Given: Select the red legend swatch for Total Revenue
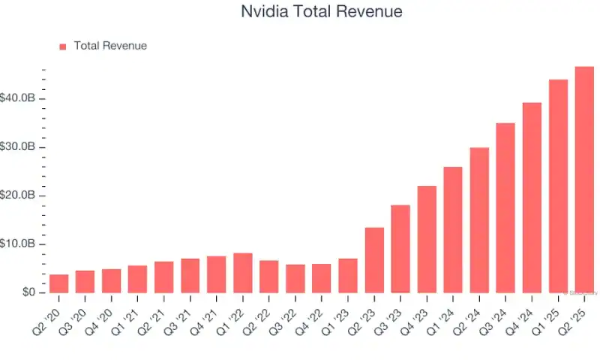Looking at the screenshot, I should pyautogui.click(x=63, y=46).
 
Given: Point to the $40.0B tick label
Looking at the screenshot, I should pyautogui.click(x=18, y=98).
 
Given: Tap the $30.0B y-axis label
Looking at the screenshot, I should pyautogui.click(x=18, y=147).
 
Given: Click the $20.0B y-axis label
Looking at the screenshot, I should pyautogui.click(x=18, y=195).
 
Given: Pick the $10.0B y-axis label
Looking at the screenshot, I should pyautogui.click(x=18, y=244).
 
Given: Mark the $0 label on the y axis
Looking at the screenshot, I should pyautogui.click(x=28, y=292).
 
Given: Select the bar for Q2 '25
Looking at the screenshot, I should pyautogui.click(x=584, y=180).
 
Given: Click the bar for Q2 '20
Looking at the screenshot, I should pyautogui.click(x=58, y=283).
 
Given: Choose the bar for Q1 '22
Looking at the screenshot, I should pyautogui.click(x=242, y=273).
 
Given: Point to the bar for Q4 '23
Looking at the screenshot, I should pyautogui.click(x=427, y=239).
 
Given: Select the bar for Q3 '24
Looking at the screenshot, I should pyautogui.click(x=505, y=208).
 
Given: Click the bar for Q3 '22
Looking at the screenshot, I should pyautogui.click(x=295, y=278).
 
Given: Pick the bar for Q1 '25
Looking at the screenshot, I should pyautogui.click(x=558, y=186).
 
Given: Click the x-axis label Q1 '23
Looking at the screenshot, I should pyautogui.click(x=344, y=313).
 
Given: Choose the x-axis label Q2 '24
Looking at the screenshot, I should pyautogui.click(x=475, y=313).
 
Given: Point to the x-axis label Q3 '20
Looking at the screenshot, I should pyautogui.click(x=82, y=313).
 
